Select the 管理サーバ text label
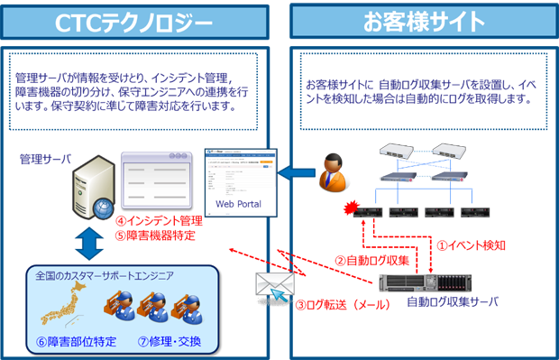(x=43, y=159)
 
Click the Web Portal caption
(x=238, y=204)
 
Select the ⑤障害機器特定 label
(x=155, y=236)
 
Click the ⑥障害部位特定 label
(x=76, y=342)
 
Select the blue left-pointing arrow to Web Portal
(x=289, y=171)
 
